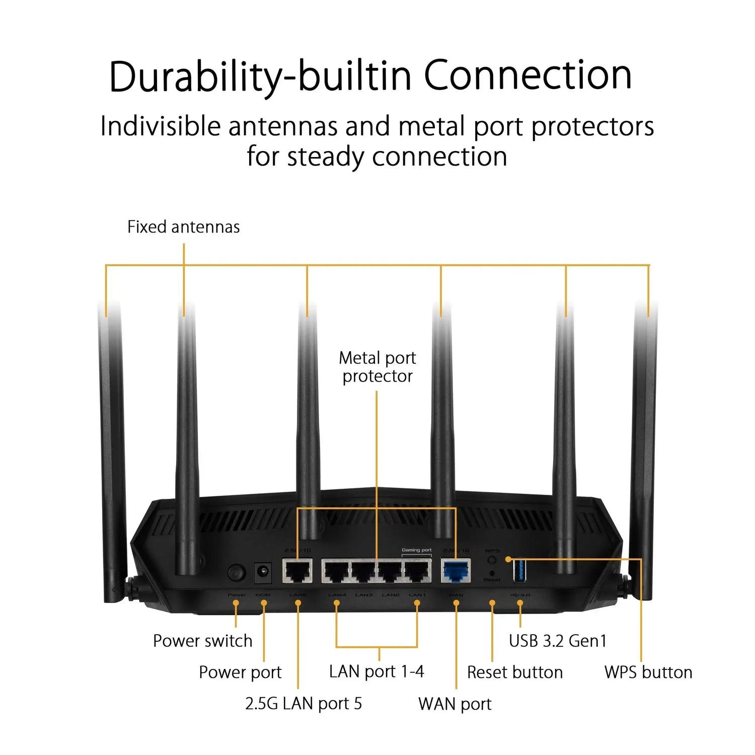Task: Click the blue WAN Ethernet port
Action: point(456,571)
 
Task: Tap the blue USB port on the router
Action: point(519,570)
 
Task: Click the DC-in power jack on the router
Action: point(263,572)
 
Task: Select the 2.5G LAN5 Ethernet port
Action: point(297,571)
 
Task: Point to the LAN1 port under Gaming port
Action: point(417,571)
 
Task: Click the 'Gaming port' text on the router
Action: point(416,550)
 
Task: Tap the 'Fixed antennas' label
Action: point(183,227)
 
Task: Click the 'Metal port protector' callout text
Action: point(377,367)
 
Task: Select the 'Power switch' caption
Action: point(202,641)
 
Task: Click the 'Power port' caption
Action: point(240,672)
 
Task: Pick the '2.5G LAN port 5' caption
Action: point(303,704)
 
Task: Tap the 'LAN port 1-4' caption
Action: point(376,671)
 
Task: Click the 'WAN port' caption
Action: point(455,704)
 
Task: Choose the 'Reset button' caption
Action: point(514,672)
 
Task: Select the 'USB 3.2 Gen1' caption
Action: point(558,641)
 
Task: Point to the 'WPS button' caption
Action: point(648,672)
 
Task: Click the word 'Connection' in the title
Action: point(527,75)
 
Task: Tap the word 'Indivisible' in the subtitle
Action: point(160,126)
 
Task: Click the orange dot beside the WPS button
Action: point(508,559)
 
